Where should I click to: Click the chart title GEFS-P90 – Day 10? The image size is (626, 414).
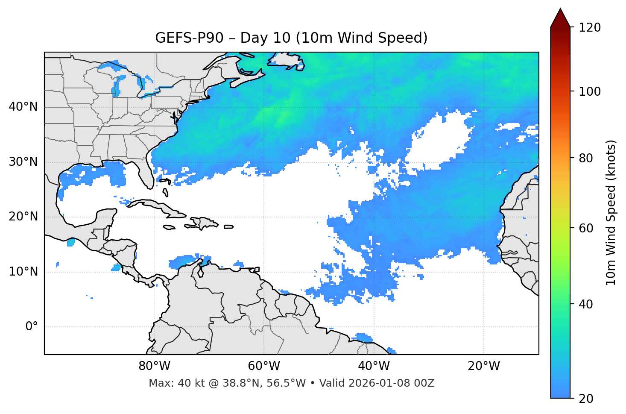(x=291, y=38)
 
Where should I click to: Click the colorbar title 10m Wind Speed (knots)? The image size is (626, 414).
(x=611, y=212)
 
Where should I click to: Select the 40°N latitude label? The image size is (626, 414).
(x=23, y=107)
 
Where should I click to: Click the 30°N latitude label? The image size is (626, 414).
(x=23, y=162)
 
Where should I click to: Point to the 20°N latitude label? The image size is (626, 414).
(x=23, y=217)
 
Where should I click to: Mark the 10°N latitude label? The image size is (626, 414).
(x=23, y=272)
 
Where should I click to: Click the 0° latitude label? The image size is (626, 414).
(x=32, y=327)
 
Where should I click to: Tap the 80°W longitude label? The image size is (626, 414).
(x=154, y=366)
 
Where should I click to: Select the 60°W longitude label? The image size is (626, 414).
(x=264, y=366)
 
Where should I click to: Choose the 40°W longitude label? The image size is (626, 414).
(x=374, y=366)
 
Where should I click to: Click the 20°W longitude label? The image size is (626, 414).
(x=483, y=366)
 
